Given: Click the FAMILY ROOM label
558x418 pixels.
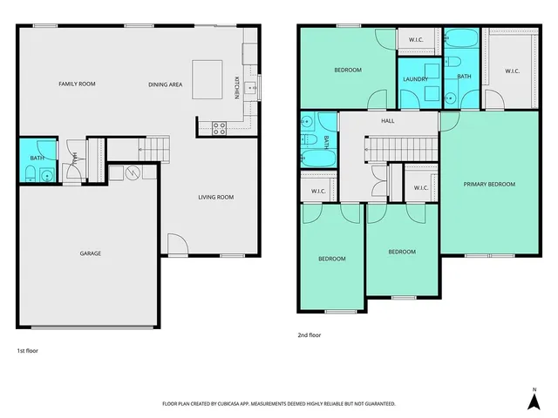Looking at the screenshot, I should (77, 84).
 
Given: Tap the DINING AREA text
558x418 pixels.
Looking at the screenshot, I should (165, 84).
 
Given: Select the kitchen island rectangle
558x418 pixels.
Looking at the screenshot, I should (207, 73).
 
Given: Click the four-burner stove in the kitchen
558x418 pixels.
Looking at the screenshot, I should (219, 127).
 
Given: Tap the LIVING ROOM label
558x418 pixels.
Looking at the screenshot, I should (215, 198).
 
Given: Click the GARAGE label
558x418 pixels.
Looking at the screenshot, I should (91, 253).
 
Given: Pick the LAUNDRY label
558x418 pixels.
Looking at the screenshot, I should (415, 79).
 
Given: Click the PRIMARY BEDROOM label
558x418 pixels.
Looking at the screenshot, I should (489, 184).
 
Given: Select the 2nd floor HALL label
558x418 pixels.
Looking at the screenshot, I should (387, 121).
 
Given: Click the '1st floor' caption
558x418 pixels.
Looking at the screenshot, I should (27, 350).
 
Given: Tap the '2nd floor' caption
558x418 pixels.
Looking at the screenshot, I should (310, 334).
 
